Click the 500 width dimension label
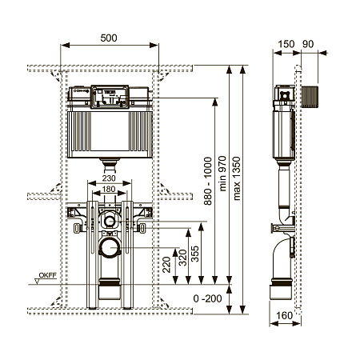click(x=109, y=38)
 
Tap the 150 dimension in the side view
click(x=286, y=44)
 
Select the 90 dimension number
click(x=308, y=44)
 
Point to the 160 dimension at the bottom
click(x=284, y=316)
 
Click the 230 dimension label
click(x=109, y=178)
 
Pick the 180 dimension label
click(x=109, y=189)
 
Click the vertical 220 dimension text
click(x=166, y=264)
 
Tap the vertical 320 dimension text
click(x=183, y=258)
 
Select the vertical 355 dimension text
click(x=195, y=254)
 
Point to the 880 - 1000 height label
click(x=208, y=181)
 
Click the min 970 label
click(x=222, y=174)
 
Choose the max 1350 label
click(x=237, y=178)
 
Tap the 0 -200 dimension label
click(x=207, y=298)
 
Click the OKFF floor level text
click(x=48, y=275)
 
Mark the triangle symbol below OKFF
click(x=38, y=281)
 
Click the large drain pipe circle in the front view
click(x=110, y=248)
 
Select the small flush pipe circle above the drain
click(x=110, y=221)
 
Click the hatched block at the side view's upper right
click(x=310, y=97)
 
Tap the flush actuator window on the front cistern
click(x=110, y=97)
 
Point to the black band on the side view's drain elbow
click(x=282, y=282)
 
